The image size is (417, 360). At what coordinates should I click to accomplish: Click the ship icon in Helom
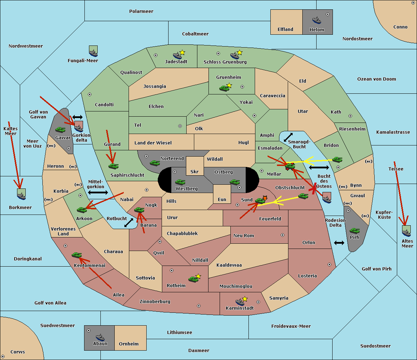[317, 20]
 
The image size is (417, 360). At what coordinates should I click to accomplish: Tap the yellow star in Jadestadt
[182, 53]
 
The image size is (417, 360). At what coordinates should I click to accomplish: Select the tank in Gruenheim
[224, 88]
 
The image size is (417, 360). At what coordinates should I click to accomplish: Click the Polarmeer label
[141, 11]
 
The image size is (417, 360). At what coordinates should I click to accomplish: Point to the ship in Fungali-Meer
[93, 53]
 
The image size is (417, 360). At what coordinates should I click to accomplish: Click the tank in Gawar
[60, 129]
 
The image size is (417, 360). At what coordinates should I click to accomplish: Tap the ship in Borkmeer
[22, 196]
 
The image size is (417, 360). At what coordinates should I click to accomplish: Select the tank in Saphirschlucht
[113, 166]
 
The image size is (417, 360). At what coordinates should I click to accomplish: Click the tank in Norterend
[155, 163]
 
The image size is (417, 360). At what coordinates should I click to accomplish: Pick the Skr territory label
[195, 171]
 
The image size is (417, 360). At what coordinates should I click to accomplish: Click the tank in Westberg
[180, 182]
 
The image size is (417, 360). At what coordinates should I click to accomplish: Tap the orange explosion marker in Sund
[265, 198]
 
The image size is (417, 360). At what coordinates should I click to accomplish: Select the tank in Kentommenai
[76, 255]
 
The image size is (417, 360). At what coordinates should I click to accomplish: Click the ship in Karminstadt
[240, 302]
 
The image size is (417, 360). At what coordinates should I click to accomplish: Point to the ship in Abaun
[100, 337]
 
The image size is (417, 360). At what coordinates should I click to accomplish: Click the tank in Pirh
[354, 231]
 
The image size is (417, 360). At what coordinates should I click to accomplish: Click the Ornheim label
[129, 344]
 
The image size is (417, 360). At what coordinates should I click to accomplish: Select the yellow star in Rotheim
[198, 276]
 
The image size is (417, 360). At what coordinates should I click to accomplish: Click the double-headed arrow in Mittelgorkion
[98, 192]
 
